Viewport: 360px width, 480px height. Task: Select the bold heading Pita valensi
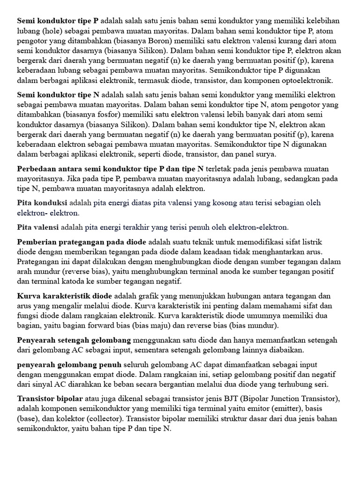38,227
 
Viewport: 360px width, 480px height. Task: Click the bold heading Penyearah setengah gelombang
75,340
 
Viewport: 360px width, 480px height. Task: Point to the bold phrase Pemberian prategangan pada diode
82,242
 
